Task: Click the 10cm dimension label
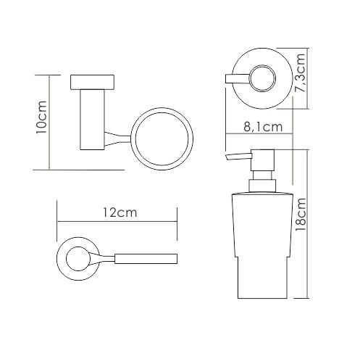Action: tap(41, 117)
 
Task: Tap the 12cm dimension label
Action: tap(120, 212)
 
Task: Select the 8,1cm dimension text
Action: tap(263, 127)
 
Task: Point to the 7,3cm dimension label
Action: tap(301, 73)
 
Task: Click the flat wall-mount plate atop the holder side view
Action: tap(92, 83)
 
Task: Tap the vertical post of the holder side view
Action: tap(92, 120)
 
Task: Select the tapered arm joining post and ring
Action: tap(117, 138)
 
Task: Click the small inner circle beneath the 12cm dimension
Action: tap(78, 259)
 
